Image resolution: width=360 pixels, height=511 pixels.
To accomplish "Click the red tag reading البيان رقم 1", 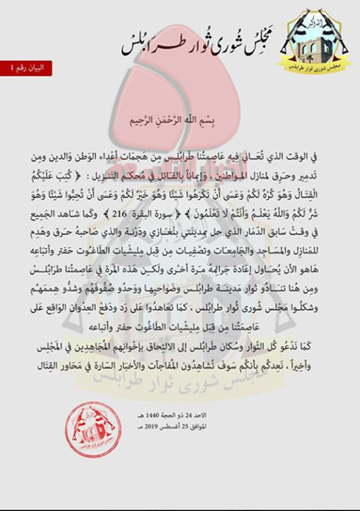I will tap(26, 68).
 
